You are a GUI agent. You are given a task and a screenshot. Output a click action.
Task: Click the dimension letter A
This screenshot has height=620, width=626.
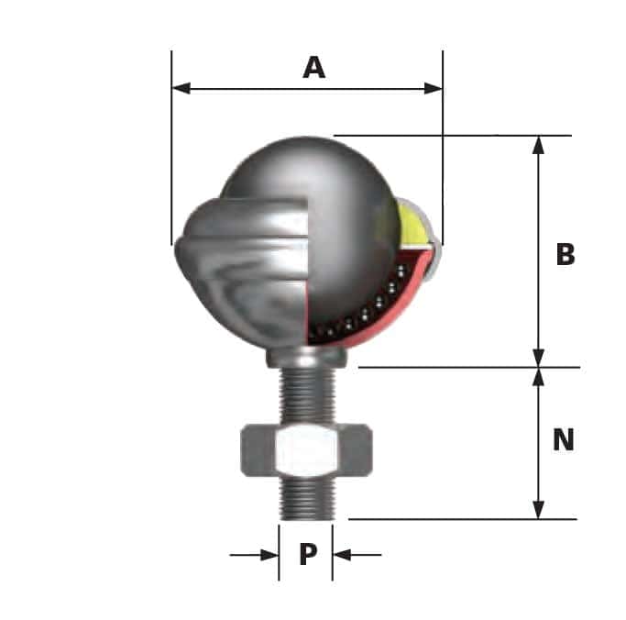313,67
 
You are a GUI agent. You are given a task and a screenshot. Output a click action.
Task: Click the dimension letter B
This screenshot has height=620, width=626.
566,254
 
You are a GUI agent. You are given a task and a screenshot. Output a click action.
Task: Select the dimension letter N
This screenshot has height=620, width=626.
563,440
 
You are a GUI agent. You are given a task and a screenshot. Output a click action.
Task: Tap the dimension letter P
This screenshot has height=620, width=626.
308,554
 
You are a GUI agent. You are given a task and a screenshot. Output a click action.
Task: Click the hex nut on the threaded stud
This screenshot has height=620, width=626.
306,449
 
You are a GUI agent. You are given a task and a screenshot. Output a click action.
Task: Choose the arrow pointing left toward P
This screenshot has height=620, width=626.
343,554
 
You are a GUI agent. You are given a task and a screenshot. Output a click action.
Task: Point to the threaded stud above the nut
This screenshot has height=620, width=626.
306,394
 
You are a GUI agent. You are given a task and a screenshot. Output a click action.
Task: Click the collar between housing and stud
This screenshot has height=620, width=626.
306,357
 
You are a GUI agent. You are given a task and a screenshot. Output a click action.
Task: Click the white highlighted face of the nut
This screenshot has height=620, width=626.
306,449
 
